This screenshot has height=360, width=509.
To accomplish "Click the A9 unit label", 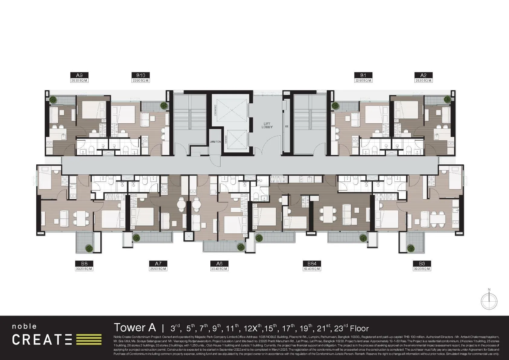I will (79, 75).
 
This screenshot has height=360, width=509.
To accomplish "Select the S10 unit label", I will (141, 75).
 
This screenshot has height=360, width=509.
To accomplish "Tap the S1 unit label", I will (363, 75).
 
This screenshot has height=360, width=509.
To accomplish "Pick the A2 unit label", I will (423, 75).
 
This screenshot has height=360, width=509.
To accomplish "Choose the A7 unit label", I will (158, 264).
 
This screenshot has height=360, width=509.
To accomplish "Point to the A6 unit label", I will (219, 264).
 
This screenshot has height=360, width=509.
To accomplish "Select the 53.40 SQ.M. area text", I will (312, 269).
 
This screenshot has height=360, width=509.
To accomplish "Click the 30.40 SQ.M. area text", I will (219, 269).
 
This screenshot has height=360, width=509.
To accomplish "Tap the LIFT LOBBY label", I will (267, 125).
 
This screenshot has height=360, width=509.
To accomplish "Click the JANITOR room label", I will (215, 142).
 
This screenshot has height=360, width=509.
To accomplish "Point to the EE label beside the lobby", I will (287, 127).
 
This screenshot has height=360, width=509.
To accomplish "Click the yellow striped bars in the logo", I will (89, 339).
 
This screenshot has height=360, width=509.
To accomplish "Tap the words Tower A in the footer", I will (135, 328).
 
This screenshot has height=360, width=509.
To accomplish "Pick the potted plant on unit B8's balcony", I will (89, 248).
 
